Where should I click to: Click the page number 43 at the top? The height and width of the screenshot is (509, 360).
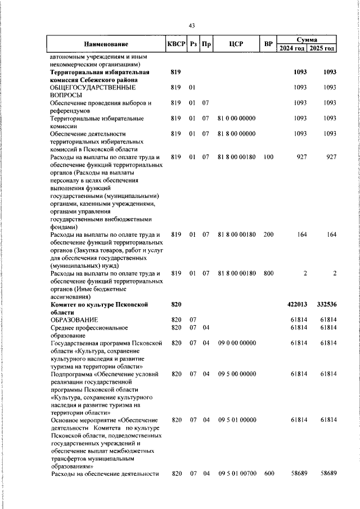(x=192, y=26)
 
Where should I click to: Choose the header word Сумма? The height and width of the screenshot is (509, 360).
(x=308, y=40)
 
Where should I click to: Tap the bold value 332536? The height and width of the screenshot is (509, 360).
(x=325, y=304)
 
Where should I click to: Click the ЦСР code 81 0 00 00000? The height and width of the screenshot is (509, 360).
(x=236, y=119)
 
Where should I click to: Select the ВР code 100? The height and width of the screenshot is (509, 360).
(x=268, y=157)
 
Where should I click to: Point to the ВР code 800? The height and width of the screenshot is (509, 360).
(x=268, y=273)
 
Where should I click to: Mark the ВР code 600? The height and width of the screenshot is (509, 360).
(x=268, y=474)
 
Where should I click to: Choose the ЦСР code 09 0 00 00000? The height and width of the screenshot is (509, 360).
(x=236, y=343)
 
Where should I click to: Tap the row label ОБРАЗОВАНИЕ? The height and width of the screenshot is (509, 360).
(x=74, y=319)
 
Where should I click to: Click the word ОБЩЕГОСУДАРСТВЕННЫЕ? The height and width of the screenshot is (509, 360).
(x=93, y=88)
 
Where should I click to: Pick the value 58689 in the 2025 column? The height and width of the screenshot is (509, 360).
(x=326, y=474)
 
